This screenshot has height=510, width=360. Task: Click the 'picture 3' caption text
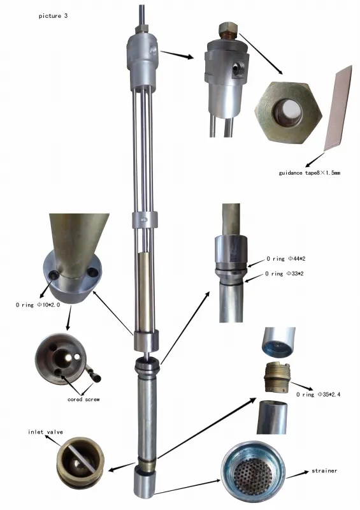(53, 15)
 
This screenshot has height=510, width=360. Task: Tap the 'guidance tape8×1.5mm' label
(309, 173)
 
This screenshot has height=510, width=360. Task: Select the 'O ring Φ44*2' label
(286, 259)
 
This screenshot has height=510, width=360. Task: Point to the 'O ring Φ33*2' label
(284, 273)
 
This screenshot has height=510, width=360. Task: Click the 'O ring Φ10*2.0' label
(38, 305)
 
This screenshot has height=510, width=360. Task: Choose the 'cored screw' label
(83, 399)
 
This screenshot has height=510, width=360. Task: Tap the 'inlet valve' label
(45, 432)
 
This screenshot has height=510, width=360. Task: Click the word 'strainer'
(324, 470)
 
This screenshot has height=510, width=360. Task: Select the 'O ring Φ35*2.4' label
(318, 395)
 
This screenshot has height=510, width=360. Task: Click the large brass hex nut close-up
(288, 112)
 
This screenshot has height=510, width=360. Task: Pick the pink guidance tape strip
(338, 108)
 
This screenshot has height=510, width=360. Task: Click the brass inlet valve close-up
(80, 460)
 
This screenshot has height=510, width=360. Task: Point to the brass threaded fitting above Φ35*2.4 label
(277, 377)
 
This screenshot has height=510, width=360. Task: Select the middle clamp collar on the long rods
(145, 220)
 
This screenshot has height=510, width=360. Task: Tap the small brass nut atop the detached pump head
(229, 29)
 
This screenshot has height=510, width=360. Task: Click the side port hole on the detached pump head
(240, 68)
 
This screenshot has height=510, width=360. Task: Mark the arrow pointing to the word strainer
(297, 474)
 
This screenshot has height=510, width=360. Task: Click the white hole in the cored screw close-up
(77, 357)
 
